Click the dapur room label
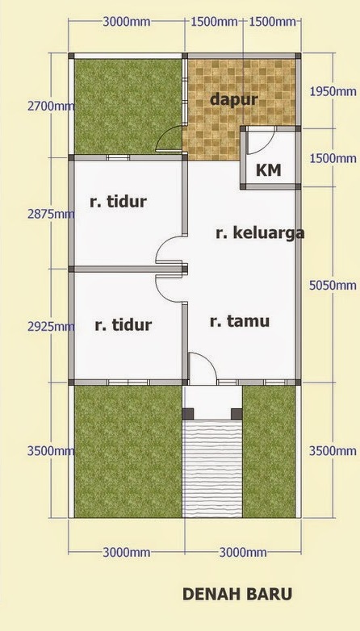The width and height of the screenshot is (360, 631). click(x=233, y=99)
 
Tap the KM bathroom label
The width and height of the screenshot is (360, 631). click(x=269, y=170)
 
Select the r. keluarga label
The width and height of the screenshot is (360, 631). click(x=260, y=233)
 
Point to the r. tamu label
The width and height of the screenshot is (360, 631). click(x=240, y=321)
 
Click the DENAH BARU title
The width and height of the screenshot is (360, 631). click(x=237, y=594)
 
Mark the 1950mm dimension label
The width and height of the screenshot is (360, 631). click(x=333, y=91)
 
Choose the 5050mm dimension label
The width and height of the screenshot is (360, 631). click(x=333, y=286)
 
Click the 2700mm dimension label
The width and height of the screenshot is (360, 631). click(x=51, y=107)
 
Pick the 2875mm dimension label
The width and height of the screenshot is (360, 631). click(x=51, y=214)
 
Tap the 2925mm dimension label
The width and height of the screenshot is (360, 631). click(x=51, y=326)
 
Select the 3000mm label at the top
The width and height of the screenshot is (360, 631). click(x=127, y=22)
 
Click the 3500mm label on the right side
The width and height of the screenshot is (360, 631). click(x=333, y=451)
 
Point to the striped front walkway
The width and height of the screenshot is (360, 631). click(x=212, y=469)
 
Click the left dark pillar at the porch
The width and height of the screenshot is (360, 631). click(x=188, y=414)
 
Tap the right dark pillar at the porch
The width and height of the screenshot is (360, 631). click(x=237, y=414)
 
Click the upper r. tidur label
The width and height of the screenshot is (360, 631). click(x=118, y=202)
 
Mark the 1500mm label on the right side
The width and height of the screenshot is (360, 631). click(x=333, y=158)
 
